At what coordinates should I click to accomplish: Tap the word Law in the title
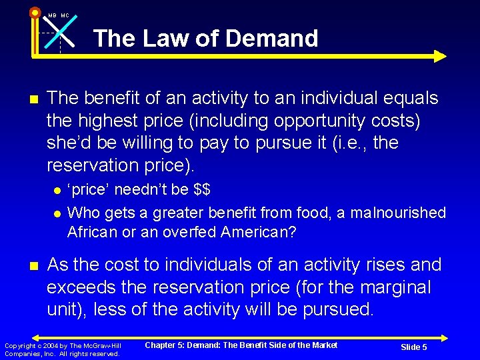click(163, 39)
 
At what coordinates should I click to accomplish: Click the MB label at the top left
click(52, 15)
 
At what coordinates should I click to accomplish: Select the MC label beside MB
click(65, 15)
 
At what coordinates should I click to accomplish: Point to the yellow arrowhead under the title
click(440, 56)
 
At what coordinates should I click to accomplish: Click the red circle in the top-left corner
click(35, 11)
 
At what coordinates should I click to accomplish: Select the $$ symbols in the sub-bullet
click(201, 189)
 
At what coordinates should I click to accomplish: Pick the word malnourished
click(402, 213)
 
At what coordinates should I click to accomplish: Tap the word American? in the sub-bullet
click(257, 232)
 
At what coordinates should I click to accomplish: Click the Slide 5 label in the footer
click(414, 347)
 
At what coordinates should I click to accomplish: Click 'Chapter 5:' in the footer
click(165, 345)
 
